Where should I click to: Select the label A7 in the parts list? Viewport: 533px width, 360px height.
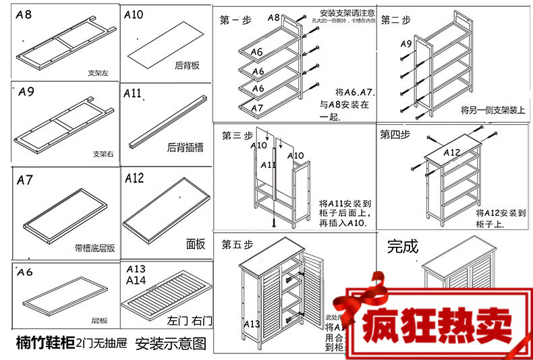click(25, 180)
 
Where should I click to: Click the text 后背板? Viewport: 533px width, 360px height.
click(187, 66)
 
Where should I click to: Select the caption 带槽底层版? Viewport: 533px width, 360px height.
click(94, 247)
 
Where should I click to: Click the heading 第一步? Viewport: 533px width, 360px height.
click(235, 21)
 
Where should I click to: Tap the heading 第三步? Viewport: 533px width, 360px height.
click(235, 133)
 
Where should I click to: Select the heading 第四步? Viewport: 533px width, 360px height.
click(395, 133)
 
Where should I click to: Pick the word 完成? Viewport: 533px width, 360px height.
click(403, 246)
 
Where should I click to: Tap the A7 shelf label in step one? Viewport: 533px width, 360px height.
click(257, 108)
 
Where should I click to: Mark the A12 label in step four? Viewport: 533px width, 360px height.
click(451, 153)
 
